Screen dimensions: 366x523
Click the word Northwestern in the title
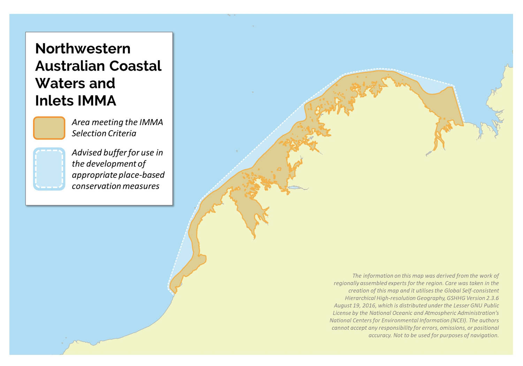(x=83, y=48)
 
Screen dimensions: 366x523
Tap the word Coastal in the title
(x=135, y=66)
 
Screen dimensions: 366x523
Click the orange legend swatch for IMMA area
(x=49, y=128)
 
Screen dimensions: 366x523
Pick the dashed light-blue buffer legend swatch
(x=49, y=169)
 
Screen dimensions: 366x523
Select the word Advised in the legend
(x=86, y=153)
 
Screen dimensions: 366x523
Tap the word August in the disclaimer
(x=342, y=305)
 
